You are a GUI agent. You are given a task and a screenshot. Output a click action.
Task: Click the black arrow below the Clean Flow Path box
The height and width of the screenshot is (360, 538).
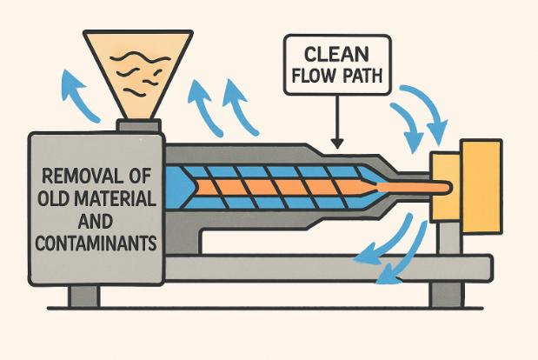(x=337, y=123)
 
